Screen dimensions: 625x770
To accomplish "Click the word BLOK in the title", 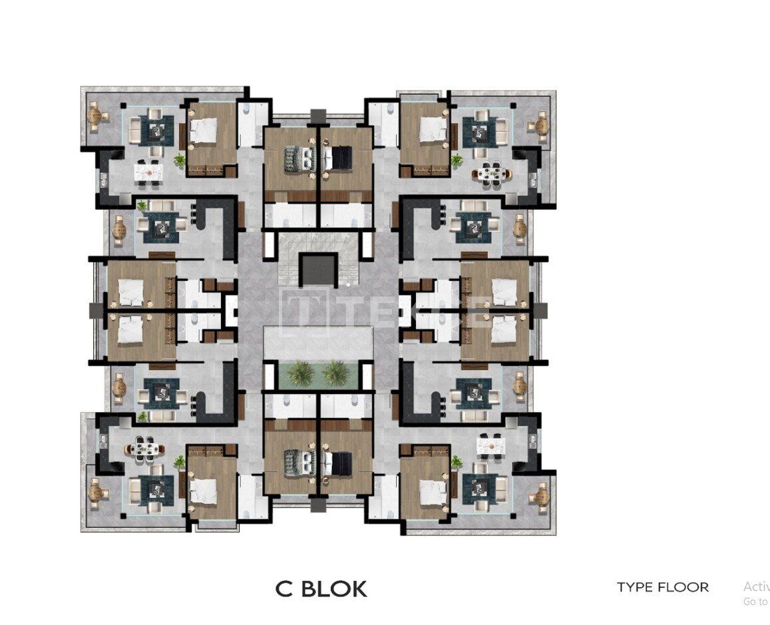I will [x=335, y=589].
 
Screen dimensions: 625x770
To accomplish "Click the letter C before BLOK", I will [x=284, y=589].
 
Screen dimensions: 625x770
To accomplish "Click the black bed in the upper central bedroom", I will [x=339, y=158].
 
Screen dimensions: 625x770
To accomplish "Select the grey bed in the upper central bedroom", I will [x=299, y=158].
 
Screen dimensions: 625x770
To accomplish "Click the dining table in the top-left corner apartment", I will [x=149, y=172].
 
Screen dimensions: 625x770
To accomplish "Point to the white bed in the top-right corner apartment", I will [x=432, y=129].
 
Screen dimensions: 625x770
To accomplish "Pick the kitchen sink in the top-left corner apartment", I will [x=103, y=179].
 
